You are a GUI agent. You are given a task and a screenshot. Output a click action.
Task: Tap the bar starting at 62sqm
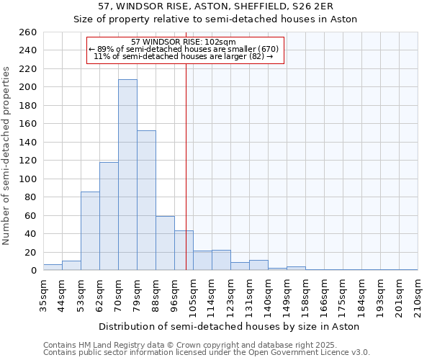point(109,216)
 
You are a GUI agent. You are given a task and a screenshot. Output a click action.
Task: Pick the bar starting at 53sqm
point(90,230)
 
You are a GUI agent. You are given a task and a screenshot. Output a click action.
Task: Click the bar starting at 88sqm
point(165,243)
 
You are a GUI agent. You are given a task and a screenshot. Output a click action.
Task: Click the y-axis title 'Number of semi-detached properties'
point(7,156)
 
